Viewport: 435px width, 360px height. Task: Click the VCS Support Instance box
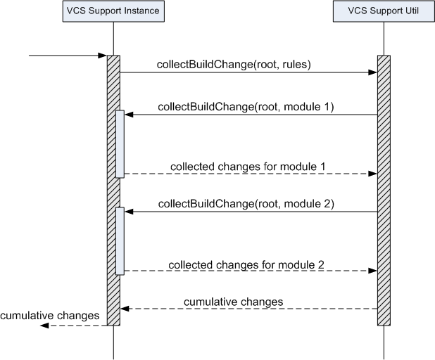pos(113,11)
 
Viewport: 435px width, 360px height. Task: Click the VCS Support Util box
pos(384,11)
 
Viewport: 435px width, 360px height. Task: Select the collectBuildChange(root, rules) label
pos(234,64)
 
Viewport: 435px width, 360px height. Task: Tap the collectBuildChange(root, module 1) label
pos(246,107)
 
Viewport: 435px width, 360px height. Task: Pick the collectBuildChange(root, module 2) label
pos(246,204)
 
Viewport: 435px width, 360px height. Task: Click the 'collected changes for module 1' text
pos(248,167)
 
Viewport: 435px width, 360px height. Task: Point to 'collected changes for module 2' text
pos(246,264)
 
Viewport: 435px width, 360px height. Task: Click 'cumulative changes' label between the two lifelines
pos(233,302)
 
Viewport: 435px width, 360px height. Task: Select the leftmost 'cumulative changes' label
pos(50,316)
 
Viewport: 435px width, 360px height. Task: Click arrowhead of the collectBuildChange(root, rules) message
pos(372,72)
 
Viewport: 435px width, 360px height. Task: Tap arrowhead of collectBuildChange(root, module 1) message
pos(129,115)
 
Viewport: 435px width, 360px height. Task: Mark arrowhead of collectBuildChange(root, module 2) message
pos(129,212)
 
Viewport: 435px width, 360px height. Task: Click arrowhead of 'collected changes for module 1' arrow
pos(372,174)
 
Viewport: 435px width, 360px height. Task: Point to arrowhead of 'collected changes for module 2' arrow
pos(372,271)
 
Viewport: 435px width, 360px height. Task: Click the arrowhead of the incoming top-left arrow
pos(102,56)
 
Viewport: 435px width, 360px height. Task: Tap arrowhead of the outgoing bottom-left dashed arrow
pos(44,326)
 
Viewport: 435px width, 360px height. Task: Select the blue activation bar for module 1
pos(120,144)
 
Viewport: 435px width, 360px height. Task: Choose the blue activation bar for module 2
pos(120,241)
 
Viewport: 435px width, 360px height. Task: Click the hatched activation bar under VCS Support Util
pos(384,191)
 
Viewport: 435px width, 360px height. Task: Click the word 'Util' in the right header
pos(412,11)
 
